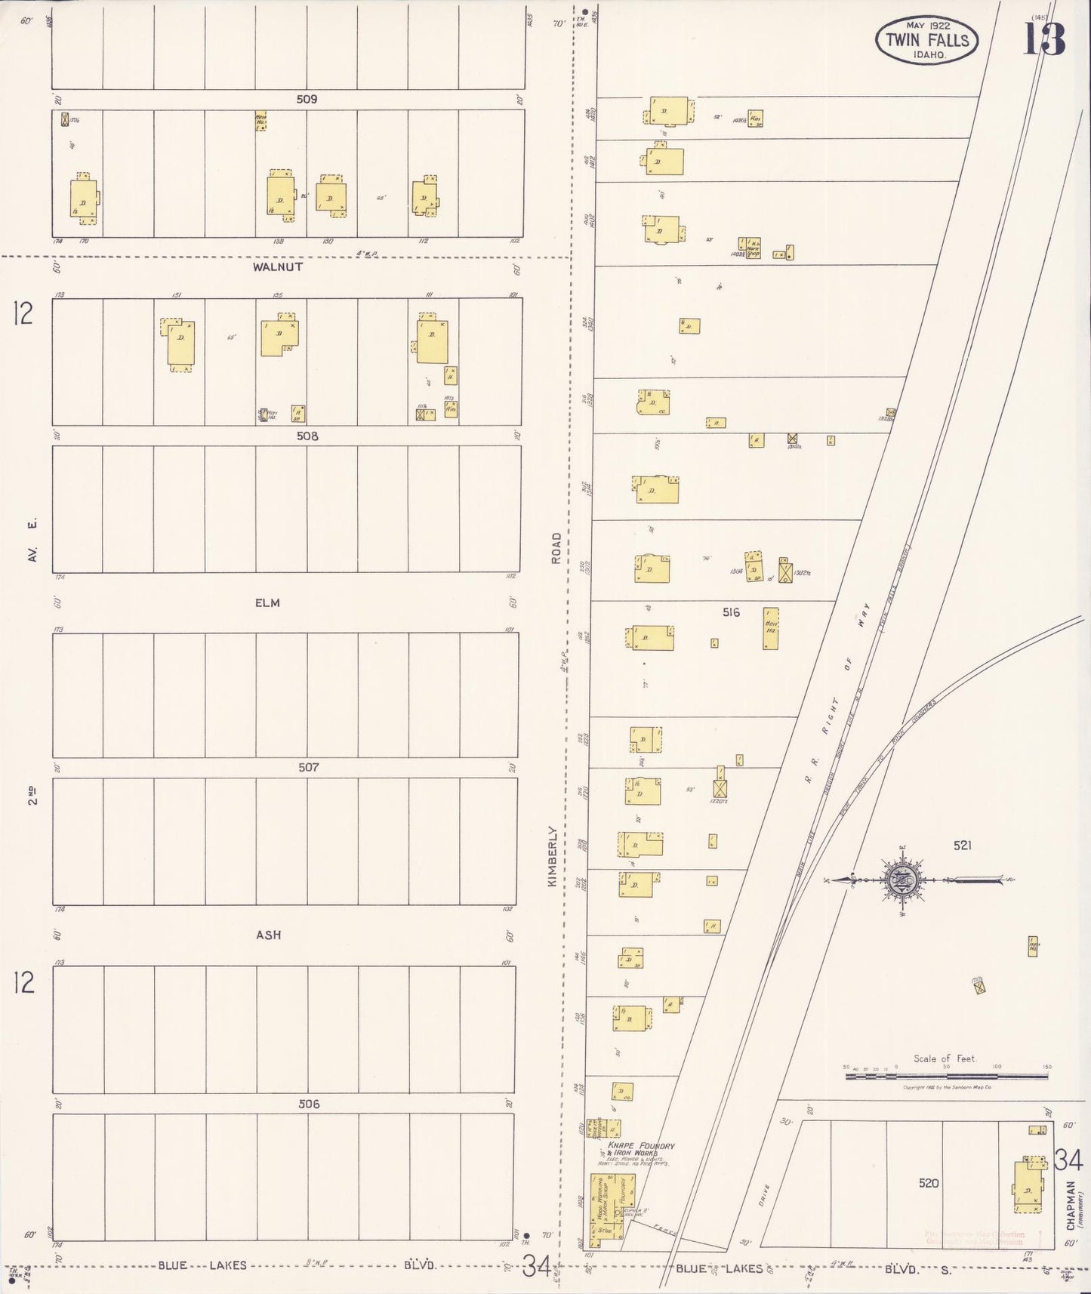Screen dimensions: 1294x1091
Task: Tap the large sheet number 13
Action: (x=1044, y=39)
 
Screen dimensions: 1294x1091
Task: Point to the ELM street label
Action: (x=267, y=602)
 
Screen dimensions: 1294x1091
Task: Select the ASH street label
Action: (x=268, y=935)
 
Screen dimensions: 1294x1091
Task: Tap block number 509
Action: (x=307, y=99)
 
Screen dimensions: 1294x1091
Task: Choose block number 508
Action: (x=307, y=436)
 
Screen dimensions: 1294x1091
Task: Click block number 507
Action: (x=308, y=767)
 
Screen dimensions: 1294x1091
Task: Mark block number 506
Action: (x=309, y=1104)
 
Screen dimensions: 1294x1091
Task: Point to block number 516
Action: (x=731, y=612)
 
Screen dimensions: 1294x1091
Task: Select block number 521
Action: (x=962, y=846)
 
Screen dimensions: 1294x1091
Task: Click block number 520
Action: (x=929, y=1183)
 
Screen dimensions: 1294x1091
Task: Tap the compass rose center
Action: (x=903, y=880)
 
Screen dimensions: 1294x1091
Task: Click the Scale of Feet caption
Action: (x=945, y=1058)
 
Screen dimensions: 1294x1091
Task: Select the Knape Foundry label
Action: (x=646, y=1145)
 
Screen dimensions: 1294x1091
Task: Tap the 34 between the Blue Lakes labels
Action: (x=538, y=1266)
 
